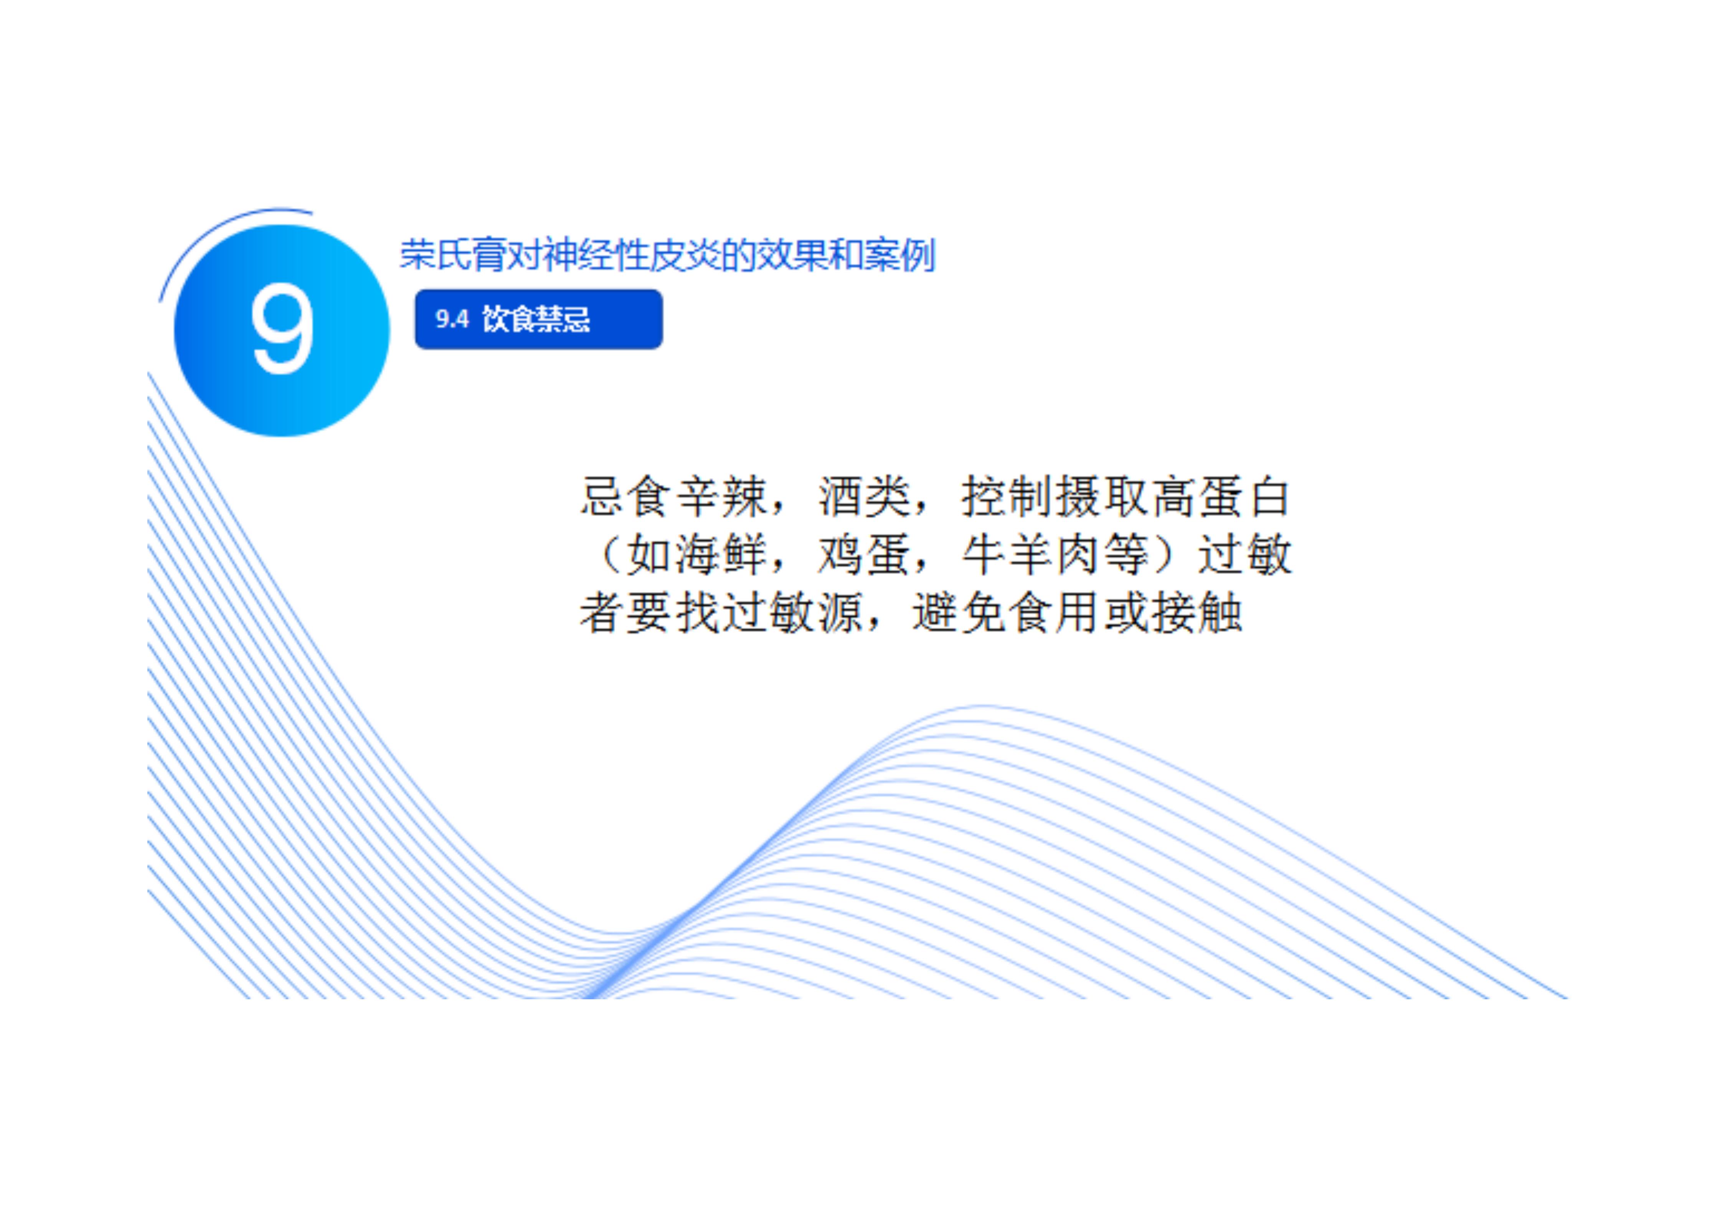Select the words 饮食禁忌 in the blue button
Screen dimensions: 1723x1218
pos(536,319)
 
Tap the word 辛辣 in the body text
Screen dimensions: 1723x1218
pos(720,497)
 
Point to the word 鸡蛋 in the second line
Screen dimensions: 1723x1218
pos(863,555)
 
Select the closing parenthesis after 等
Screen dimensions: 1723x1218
pos(1171,555)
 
